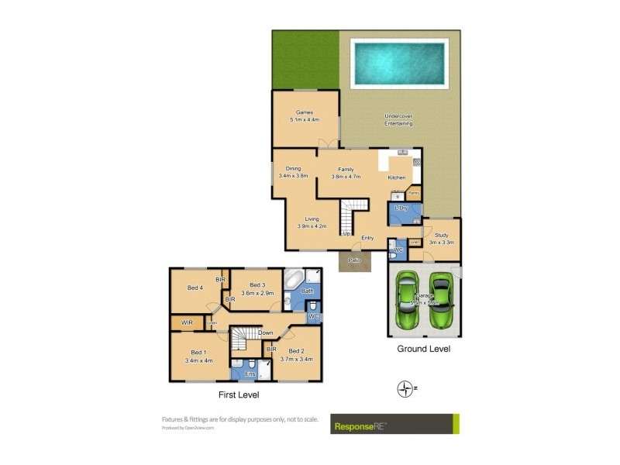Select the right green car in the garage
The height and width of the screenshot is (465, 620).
[441, 299]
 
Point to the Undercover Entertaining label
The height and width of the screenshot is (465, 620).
[398, 120]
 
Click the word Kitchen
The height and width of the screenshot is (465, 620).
[396, 177]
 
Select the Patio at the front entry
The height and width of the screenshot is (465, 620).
[355, 262]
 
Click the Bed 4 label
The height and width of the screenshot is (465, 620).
[195, 288]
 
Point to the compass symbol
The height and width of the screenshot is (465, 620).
[404, 389]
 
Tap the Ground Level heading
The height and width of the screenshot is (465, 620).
[423, 349]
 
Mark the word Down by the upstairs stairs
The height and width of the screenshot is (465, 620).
[266, 333]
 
